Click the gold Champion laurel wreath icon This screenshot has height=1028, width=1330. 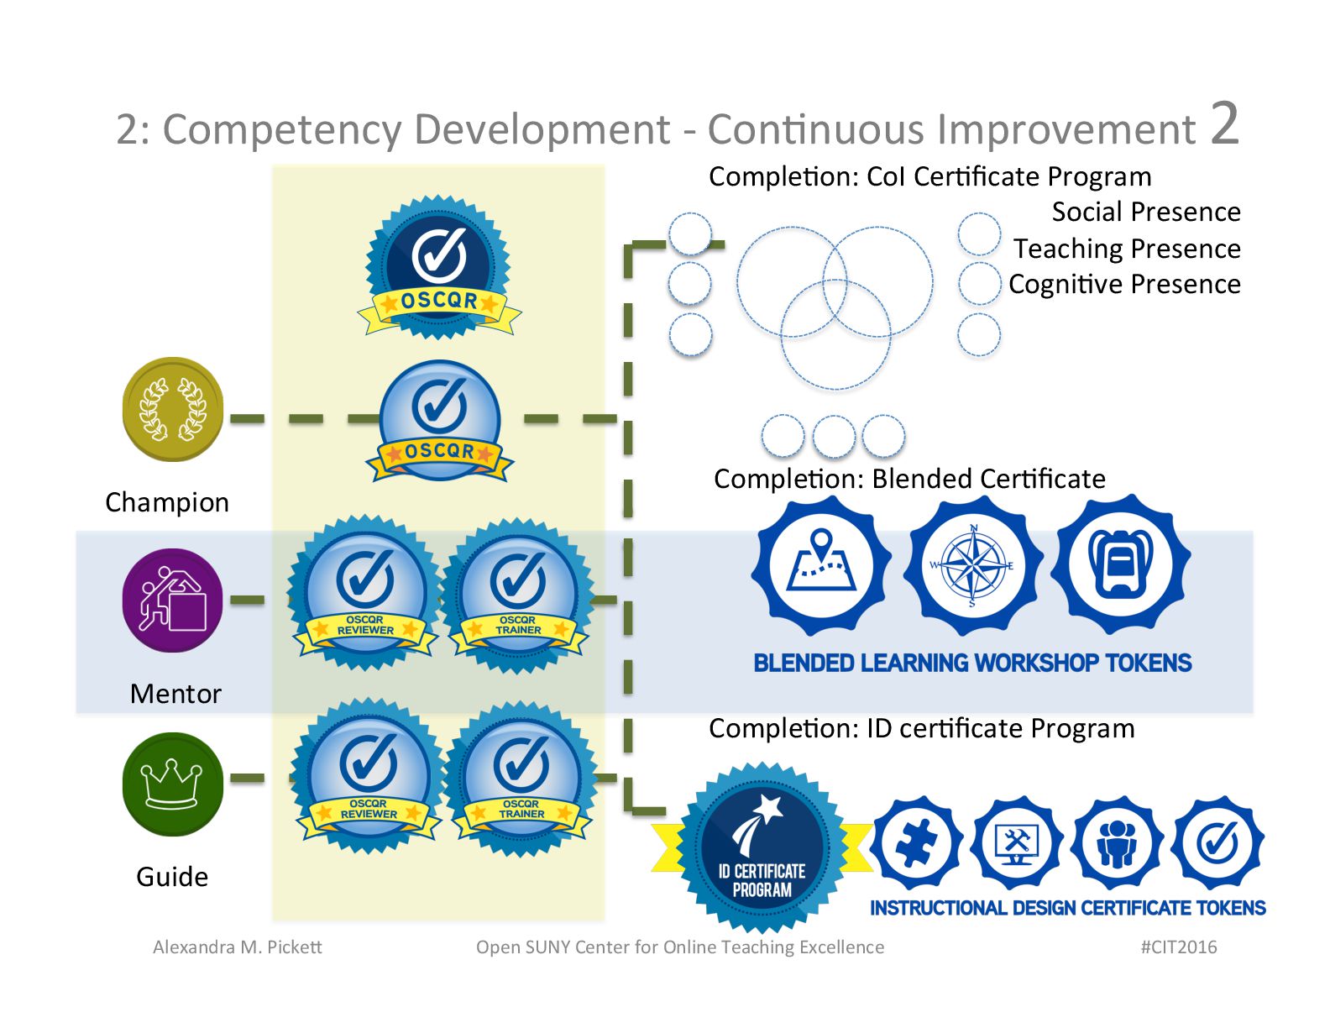tap(173, 410)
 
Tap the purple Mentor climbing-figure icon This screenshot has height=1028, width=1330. tap(173, 600)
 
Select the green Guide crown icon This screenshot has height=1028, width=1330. tap(173, 784)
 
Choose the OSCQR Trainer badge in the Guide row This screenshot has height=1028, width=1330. tap(521, 777)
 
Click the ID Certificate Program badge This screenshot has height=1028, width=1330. tap(762, 848)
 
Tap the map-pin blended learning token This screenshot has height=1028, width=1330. tap(821, 564)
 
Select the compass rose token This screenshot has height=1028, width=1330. tap(972, 564)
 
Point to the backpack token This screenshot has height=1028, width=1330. tap(1120, 564)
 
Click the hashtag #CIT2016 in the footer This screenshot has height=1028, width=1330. tap(1178, 947)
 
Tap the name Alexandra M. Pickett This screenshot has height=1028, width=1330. tap(237, 947)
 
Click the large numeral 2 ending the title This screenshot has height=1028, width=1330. tap(1224, 123)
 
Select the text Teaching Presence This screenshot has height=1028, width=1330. tap(1126, 249)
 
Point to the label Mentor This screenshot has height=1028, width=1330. tap(175, 694)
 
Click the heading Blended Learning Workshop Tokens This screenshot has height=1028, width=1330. tap(972, 663)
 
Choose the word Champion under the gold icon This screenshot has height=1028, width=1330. tap(167, 502)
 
